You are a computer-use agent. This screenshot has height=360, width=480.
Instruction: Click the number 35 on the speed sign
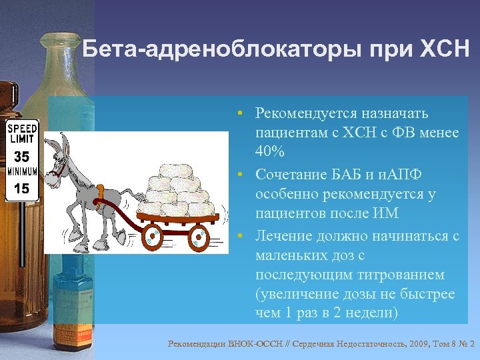[22, 157]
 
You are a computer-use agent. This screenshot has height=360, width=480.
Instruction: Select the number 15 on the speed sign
[22, 189]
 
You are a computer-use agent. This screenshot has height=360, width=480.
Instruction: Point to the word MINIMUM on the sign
[22, 172]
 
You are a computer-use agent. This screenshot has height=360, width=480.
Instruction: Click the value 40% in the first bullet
[269, 152]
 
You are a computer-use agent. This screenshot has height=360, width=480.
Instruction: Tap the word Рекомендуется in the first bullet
[301, 113]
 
